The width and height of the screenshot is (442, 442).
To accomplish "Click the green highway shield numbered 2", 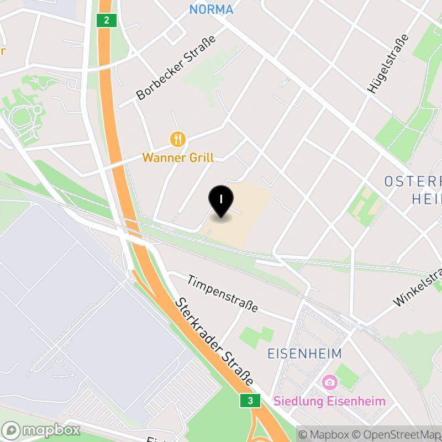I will coord(106,21).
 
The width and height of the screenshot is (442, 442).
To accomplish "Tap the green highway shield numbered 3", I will coord(250,401).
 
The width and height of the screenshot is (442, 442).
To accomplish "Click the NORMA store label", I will coord(211,9).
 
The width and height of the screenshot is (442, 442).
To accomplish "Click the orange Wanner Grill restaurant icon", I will coord(177,139).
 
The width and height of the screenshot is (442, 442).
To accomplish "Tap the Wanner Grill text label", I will coord(178,157).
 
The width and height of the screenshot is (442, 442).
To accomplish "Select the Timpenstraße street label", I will coord(222,293).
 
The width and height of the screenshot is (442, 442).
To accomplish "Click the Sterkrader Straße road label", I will coord(215,342).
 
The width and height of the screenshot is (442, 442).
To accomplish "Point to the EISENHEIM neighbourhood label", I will coord(304,354).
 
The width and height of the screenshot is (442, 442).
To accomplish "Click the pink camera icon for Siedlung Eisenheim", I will coord(329,382).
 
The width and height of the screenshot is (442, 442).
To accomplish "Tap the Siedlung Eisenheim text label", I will coord(329,401).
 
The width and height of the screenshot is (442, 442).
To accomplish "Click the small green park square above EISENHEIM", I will coord(257,336).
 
